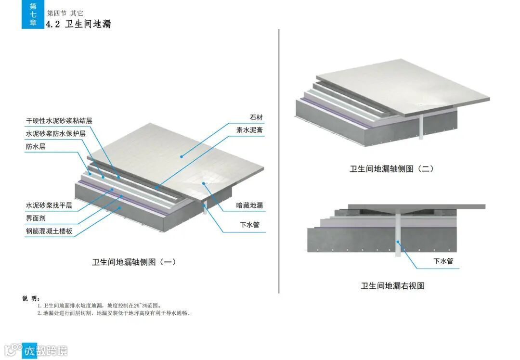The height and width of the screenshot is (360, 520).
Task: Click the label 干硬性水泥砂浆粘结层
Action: coord(65,120)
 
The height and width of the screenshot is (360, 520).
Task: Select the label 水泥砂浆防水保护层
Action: coord(56,133)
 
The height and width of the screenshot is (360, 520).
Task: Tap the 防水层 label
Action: coord(36,146)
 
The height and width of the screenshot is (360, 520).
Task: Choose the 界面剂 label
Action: coord(36,218)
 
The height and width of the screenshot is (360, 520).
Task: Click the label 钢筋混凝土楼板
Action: coord(49,231)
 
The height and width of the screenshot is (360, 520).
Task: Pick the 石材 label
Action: coord(256,117)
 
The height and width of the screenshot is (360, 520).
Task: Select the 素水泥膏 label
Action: coord(249,130)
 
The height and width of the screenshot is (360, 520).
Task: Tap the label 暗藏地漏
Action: coord(249,206)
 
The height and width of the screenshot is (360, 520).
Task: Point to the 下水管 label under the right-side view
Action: coord(443,261)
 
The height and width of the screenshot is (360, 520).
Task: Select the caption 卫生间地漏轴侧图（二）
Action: coord(392,169)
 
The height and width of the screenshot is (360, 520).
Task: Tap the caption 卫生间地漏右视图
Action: coord(393,286)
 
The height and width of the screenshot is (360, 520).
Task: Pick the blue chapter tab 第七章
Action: coord(33,14)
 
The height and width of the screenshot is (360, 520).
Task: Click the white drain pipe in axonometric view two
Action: coord(422,127)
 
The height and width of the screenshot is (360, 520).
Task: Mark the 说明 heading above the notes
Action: coord(31,298)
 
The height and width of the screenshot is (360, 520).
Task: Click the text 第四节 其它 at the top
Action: coord(65,13)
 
